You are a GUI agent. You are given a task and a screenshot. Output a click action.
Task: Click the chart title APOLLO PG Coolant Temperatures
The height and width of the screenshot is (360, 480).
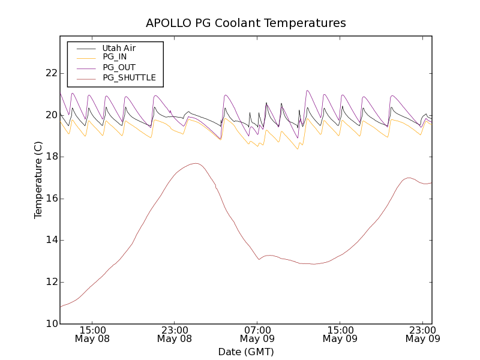coord(246,23)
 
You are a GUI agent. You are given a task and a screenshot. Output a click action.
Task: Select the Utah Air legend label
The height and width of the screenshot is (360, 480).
coord(119,48)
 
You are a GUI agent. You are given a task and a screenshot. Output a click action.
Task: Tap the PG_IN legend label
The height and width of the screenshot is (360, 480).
coord(115,57)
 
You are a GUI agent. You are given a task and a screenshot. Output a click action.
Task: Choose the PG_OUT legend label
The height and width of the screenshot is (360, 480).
coord(119,67)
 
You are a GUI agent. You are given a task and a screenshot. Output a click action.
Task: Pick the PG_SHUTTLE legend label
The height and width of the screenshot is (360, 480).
coord(129,77)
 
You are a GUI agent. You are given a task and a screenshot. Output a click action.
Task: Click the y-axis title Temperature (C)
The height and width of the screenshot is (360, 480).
coord(38,180)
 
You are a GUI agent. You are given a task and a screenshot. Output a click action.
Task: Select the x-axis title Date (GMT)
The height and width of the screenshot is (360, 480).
coord(246,352)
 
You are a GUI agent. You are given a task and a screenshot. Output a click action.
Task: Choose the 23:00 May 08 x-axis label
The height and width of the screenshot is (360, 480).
coord(175,334)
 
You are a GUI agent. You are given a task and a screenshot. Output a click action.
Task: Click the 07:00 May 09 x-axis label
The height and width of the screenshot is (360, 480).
coord(257,334)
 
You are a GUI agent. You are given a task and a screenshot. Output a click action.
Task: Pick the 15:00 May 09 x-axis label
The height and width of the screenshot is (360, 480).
coord(340,334)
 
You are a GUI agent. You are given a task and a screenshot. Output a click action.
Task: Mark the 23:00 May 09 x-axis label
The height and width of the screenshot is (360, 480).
coord(422,334)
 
